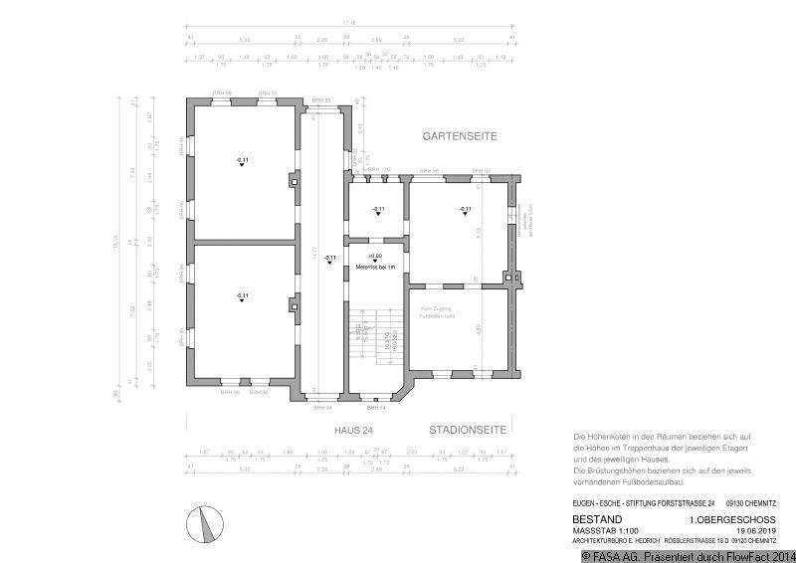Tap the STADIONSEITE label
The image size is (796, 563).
tap(468, 431)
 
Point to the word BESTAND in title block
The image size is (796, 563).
tap(597, 519)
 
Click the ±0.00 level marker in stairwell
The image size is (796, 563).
tap(375, 257)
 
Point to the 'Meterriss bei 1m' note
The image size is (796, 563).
tap(375, 268)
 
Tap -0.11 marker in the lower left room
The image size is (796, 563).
tap(242, 296)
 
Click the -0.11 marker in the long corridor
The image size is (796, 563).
tap(329, 259)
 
